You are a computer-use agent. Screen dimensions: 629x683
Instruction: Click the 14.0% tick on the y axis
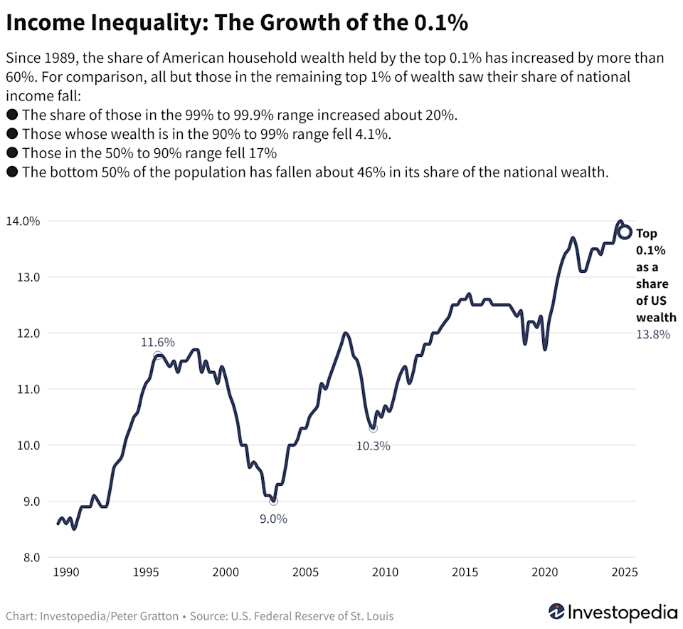pos(23,222)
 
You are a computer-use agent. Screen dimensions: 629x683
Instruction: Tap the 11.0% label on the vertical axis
pos(23,390)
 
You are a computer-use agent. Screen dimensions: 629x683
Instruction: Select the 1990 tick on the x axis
pos(65,572)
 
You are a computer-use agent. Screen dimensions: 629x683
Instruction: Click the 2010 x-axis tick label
pos(385,572)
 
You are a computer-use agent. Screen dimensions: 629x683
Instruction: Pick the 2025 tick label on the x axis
pos(623,572)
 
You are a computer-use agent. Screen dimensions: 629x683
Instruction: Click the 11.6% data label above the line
pos(158,343)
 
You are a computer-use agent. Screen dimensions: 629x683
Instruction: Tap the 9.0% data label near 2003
pos(272,519)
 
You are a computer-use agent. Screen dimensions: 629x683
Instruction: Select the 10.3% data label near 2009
pos(374,447)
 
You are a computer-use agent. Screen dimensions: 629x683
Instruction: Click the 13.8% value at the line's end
pos(652,334)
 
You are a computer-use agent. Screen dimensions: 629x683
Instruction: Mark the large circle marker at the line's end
pos(625,232)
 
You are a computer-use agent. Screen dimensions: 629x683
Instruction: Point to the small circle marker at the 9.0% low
pos(273,501)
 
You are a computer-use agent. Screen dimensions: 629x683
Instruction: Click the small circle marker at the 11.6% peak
pos(157,355)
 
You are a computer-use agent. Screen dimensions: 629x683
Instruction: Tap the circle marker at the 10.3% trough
pos(373,428)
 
